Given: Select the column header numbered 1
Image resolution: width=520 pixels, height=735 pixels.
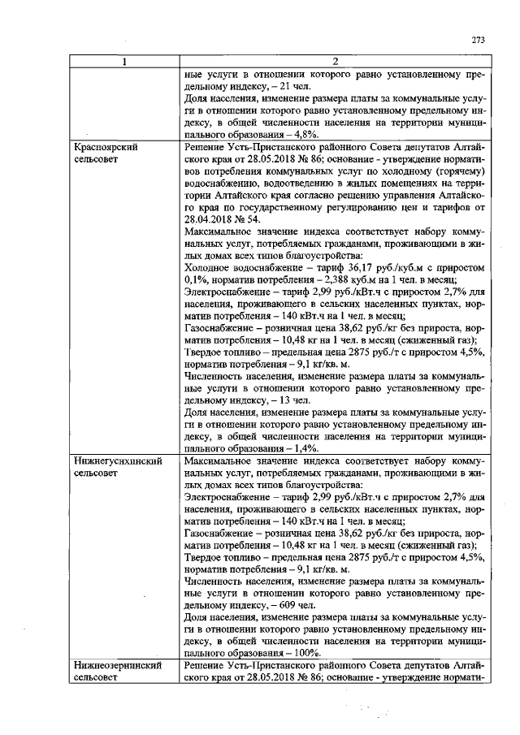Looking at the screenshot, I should pyautogui.click(x=123, y=62).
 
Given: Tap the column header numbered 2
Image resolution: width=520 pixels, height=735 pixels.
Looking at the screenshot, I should pyautogui.click(x=336, y=62).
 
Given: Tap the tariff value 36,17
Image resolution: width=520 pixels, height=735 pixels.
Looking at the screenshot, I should pyautogui.click(x=347, y=268).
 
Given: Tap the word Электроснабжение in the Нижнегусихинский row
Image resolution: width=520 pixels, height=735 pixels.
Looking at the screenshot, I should pyautogui.click(x=232, y=496).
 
